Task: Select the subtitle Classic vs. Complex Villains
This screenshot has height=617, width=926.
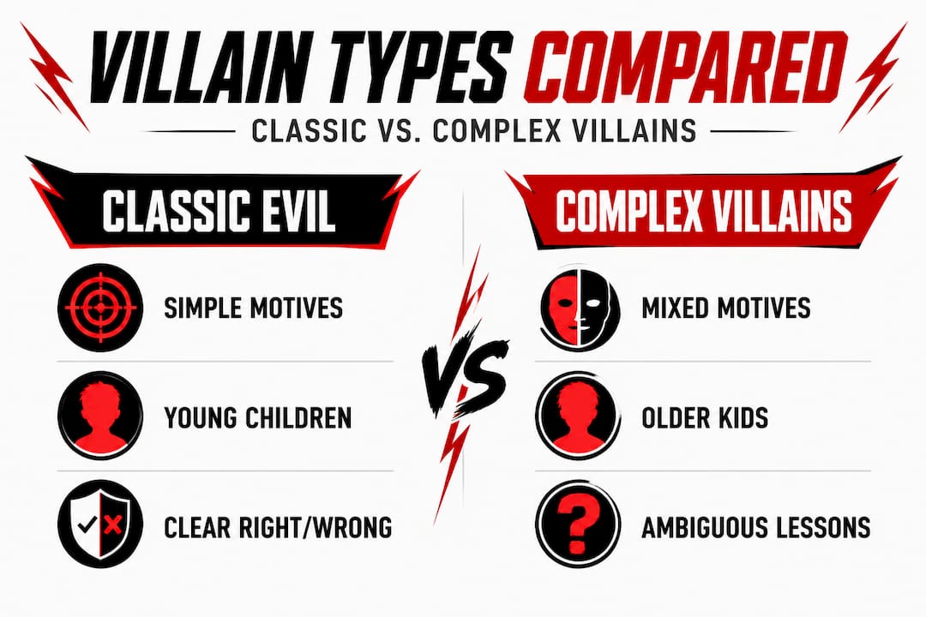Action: pyautogui.click(x=463, y=132)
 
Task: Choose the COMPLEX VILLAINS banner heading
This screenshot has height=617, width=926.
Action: pyautogui.click(x=703, y=209)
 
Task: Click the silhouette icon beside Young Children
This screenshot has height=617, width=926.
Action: pyautogui.click(x=95, y=416)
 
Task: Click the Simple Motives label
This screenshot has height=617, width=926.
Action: pyautogui.click(x=253, y=308)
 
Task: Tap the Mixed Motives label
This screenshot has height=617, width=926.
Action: pyautogui.click(x=725, y=308)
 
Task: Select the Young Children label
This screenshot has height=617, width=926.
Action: pyautogui.click(x=257, y=417)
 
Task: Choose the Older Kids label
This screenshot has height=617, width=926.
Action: pyautogui.click(x=704, y=417)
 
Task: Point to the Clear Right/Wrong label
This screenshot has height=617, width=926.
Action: pyautogui.click(x=277, y=526)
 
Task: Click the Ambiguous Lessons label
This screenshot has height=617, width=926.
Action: pyautogui.click(x=755, y=526)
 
